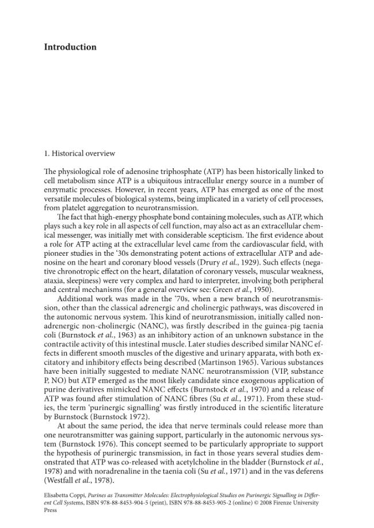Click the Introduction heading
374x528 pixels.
tap(70, 47)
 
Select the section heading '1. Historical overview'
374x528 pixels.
tap(79, 154)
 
